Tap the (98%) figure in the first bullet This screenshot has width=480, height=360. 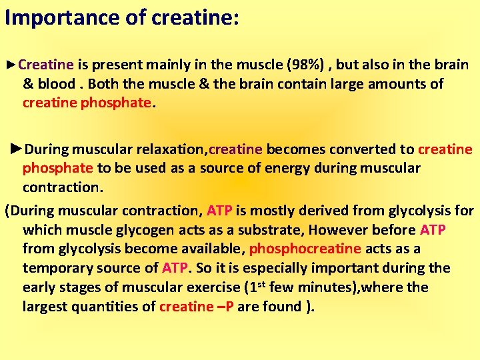click(x=306, y=65)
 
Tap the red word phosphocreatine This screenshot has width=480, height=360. click(x=305, y=249)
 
